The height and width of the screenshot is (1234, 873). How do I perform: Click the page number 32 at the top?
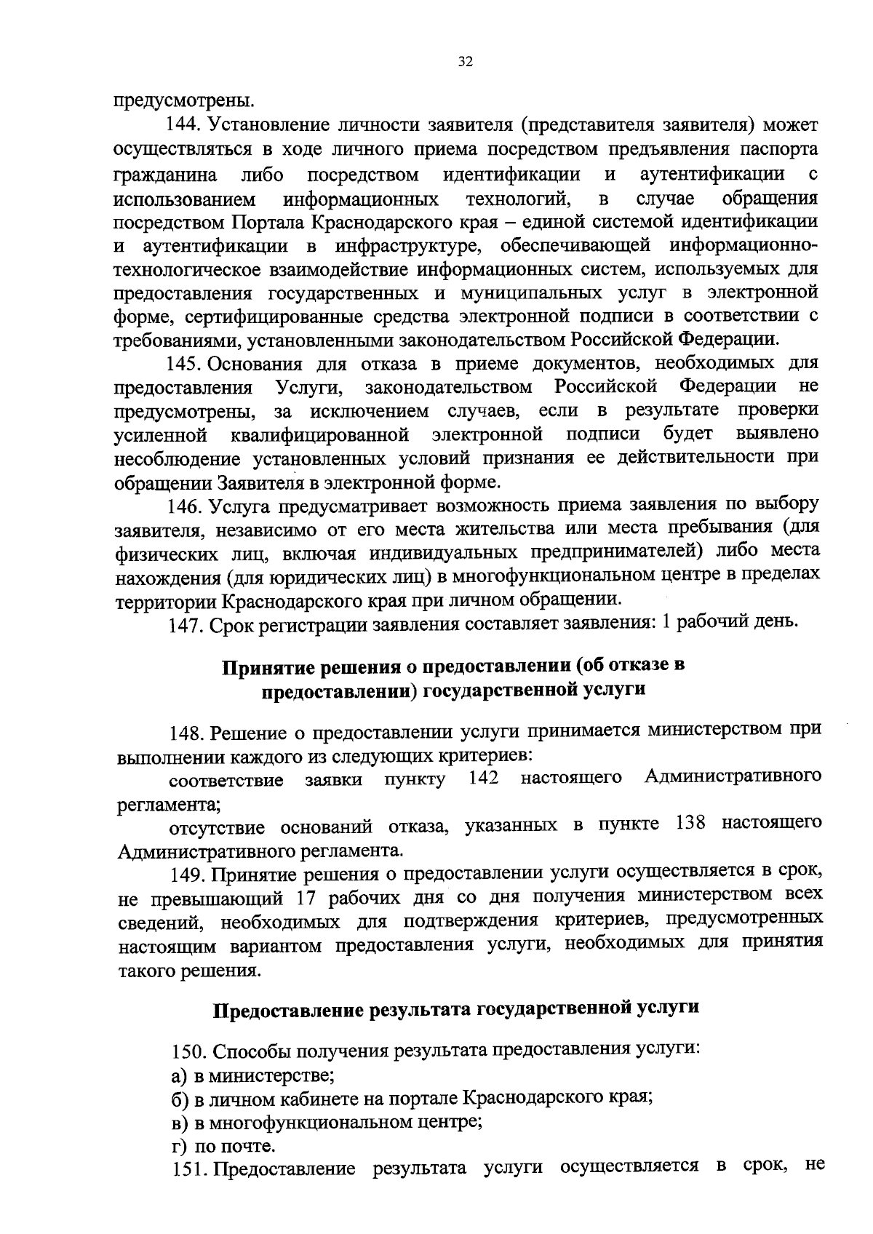466,62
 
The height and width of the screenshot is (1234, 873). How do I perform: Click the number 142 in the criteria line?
484,778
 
